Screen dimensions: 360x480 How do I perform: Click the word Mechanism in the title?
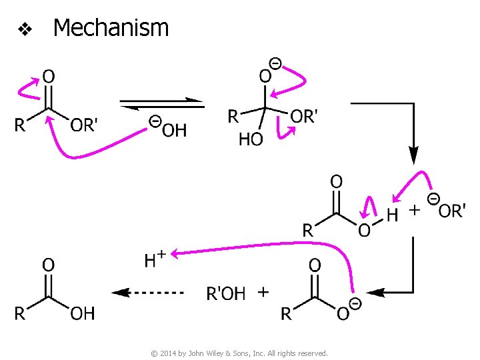click(111, 28)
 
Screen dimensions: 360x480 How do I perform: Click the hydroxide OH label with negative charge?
click(173, 129)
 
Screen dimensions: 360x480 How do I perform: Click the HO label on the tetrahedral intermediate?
click(251, 139)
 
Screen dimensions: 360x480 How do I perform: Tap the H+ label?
click(155, 259)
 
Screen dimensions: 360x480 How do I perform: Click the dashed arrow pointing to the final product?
click(147, 292)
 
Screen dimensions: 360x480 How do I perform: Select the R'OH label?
click(226, 293)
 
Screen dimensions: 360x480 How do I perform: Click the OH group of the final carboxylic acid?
click(82, 313)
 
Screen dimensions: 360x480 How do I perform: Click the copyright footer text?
click(239, 353)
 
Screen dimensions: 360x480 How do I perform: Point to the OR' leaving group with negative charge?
click(451, 211)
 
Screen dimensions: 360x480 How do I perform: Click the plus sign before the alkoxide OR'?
click(414, 210)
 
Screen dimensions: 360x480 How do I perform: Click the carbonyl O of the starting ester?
click(48, 77)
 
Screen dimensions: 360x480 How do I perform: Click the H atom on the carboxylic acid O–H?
click(393, 215)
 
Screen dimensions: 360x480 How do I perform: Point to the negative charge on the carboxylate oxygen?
click(355, 304)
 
